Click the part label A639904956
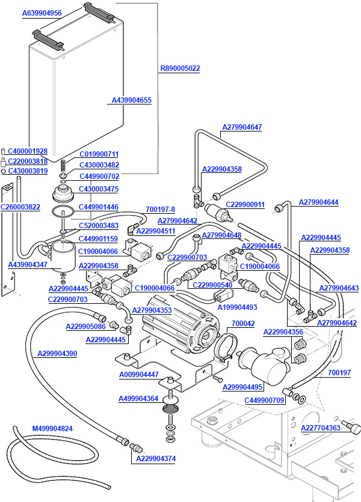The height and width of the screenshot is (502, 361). tap(42, 13)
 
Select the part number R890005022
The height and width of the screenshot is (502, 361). tap(180, 68)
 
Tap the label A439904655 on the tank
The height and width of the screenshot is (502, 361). tap(132, 100)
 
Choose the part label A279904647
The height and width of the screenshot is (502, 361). tap(242, 127)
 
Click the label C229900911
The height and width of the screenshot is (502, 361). tap(245, 204)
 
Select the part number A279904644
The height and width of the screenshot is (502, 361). tap(319, 202)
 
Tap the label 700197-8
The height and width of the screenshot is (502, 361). tap(160, 210)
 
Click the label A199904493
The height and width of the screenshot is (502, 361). tap(237, 307)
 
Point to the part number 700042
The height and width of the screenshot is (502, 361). tap(243, 323)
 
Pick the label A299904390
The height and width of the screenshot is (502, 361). tap(57, 354)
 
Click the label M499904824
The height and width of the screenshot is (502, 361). tap(52, 428)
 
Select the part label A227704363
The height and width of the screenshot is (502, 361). tap(321, 428)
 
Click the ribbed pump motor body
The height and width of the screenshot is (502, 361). tap(174, 318)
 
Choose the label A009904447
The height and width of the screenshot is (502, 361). tap(139, 374)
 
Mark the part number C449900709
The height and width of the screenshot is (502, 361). tap(264, 400)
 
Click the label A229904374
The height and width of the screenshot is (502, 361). tap(156, 459)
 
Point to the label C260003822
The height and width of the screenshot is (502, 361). tap(20, 207)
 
